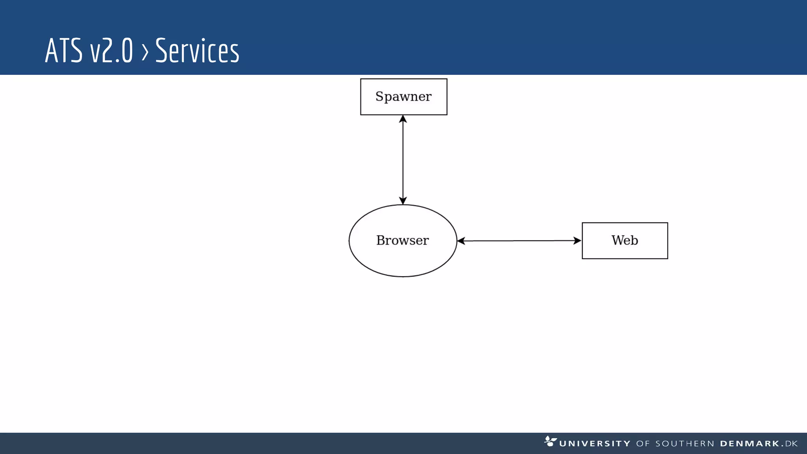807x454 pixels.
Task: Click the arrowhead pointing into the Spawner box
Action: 403,119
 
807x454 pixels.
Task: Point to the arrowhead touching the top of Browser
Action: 403,200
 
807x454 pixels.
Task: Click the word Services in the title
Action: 197,51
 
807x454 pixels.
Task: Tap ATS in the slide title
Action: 63,51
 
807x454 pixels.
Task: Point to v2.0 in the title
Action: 111,51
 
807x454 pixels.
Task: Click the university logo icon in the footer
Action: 550,441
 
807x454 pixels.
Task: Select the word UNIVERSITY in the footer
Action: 595,444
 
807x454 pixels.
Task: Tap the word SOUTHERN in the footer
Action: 684,444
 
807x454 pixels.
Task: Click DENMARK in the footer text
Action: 749,444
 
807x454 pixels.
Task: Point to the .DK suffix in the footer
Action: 790,444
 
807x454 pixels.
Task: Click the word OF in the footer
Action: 643,444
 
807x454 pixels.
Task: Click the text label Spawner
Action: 403,97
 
